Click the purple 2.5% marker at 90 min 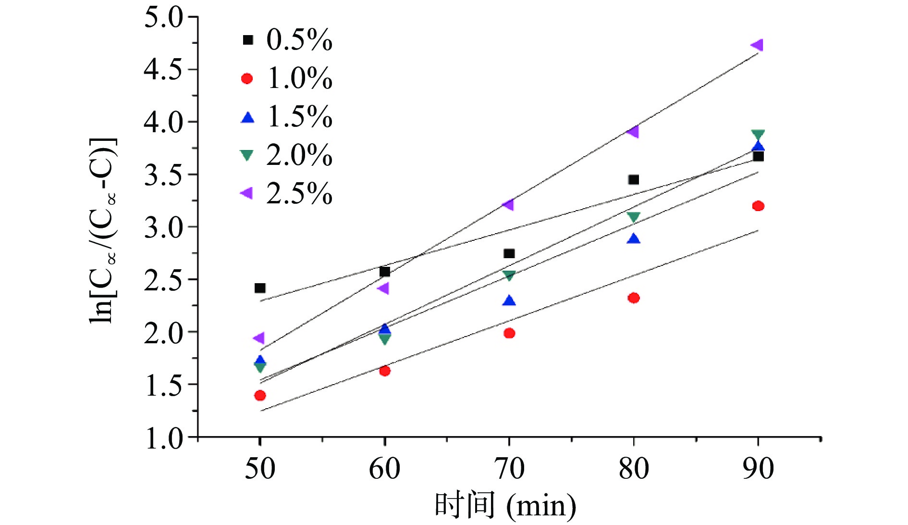[757, 45]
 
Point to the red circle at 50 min [260, 395]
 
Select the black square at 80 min [634, 180]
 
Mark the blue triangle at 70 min [509, 301]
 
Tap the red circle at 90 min [758, 206]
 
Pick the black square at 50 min [260, 288]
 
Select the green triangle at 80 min [634, 217]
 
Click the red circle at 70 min [509, 333]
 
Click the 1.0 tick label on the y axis [163, 437]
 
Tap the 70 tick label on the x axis [509, 468]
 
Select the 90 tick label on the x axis [758, 468]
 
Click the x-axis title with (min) [505, 506]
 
